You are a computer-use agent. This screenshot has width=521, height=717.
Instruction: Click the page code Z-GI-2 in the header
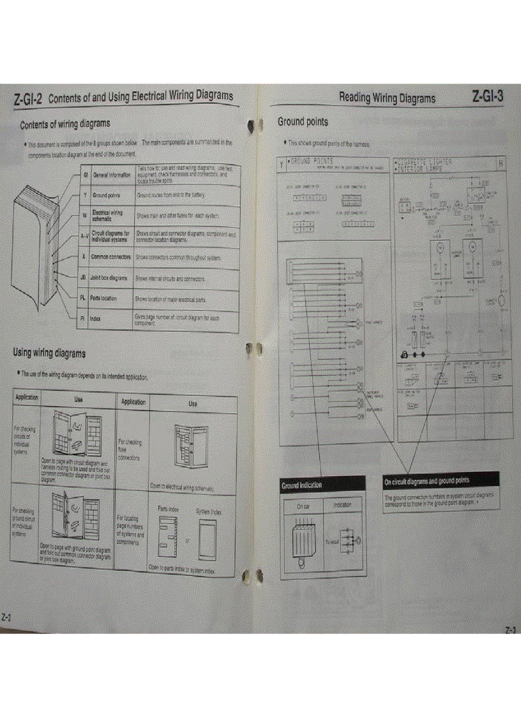point(28,100)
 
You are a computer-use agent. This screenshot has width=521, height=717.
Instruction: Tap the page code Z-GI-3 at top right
point(488,97)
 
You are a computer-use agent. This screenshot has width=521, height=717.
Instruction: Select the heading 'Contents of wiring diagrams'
point(65,123)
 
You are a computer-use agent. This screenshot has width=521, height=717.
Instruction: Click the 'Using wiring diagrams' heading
point(49,352)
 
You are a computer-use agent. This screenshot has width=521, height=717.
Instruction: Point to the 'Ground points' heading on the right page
point(303,121)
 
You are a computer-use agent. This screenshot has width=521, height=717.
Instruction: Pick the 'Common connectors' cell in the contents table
point(111,257)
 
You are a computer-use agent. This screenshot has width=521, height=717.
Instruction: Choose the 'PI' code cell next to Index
point(82,317)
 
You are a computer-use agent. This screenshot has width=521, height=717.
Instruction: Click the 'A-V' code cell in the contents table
point(84,236)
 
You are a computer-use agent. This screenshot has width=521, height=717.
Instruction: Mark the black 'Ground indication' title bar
point(322,485)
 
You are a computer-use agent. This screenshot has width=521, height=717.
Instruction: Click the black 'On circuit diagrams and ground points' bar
point(440,479)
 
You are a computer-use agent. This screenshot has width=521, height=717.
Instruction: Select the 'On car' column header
point(303,506)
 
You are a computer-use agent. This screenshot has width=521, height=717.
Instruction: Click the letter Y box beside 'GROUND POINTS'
point(281,163)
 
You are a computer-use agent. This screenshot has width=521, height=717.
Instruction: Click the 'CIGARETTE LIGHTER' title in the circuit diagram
point(423,162)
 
